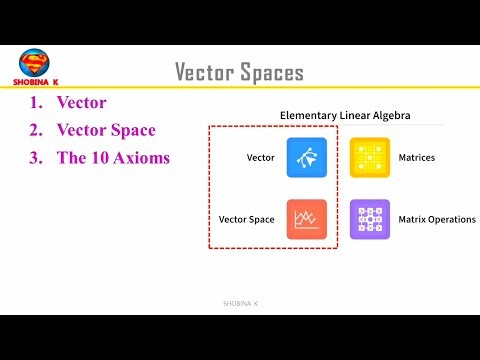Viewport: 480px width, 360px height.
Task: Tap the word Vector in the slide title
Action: coord(204,72)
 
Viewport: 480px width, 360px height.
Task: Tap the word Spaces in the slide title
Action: coord(270,72)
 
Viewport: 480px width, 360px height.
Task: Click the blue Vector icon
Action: coord(306,157)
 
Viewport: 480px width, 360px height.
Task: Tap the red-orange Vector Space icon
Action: coord(306,219)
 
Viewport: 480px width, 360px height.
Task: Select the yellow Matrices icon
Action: coord(369,157)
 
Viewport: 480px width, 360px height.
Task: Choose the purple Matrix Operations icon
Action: coord(369,219)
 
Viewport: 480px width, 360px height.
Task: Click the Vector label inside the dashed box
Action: coord(260,158)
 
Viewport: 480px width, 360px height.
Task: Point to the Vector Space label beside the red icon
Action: coord(247,219)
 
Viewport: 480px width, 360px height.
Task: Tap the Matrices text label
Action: coord(416,158)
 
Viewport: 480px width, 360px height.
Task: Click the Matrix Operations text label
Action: coord(437,219)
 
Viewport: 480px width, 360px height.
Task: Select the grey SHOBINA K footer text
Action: coord(240,303)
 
